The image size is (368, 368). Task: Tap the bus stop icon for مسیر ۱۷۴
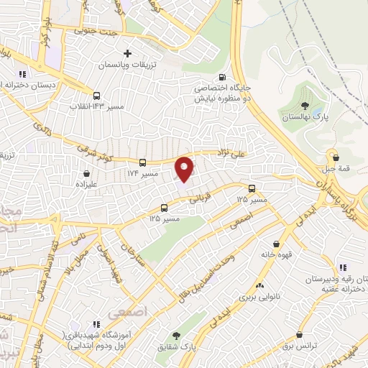pyautogui.click(x=142, y=163)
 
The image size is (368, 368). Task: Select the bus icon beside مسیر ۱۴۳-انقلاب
pyautogui.click(x=97, y=95)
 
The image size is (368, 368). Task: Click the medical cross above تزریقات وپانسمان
pyautogui.click(x=128, y=53)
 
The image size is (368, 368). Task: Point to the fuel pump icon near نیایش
pyautogui.click(x=221, y=78)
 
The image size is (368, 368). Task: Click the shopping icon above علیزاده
pyautogui.click(x=87, y=173)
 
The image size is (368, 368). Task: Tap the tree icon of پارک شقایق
pyautogui.click(x=177, y=336)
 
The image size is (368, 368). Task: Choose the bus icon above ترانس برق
pyautogui.click(x=298, y=333)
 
